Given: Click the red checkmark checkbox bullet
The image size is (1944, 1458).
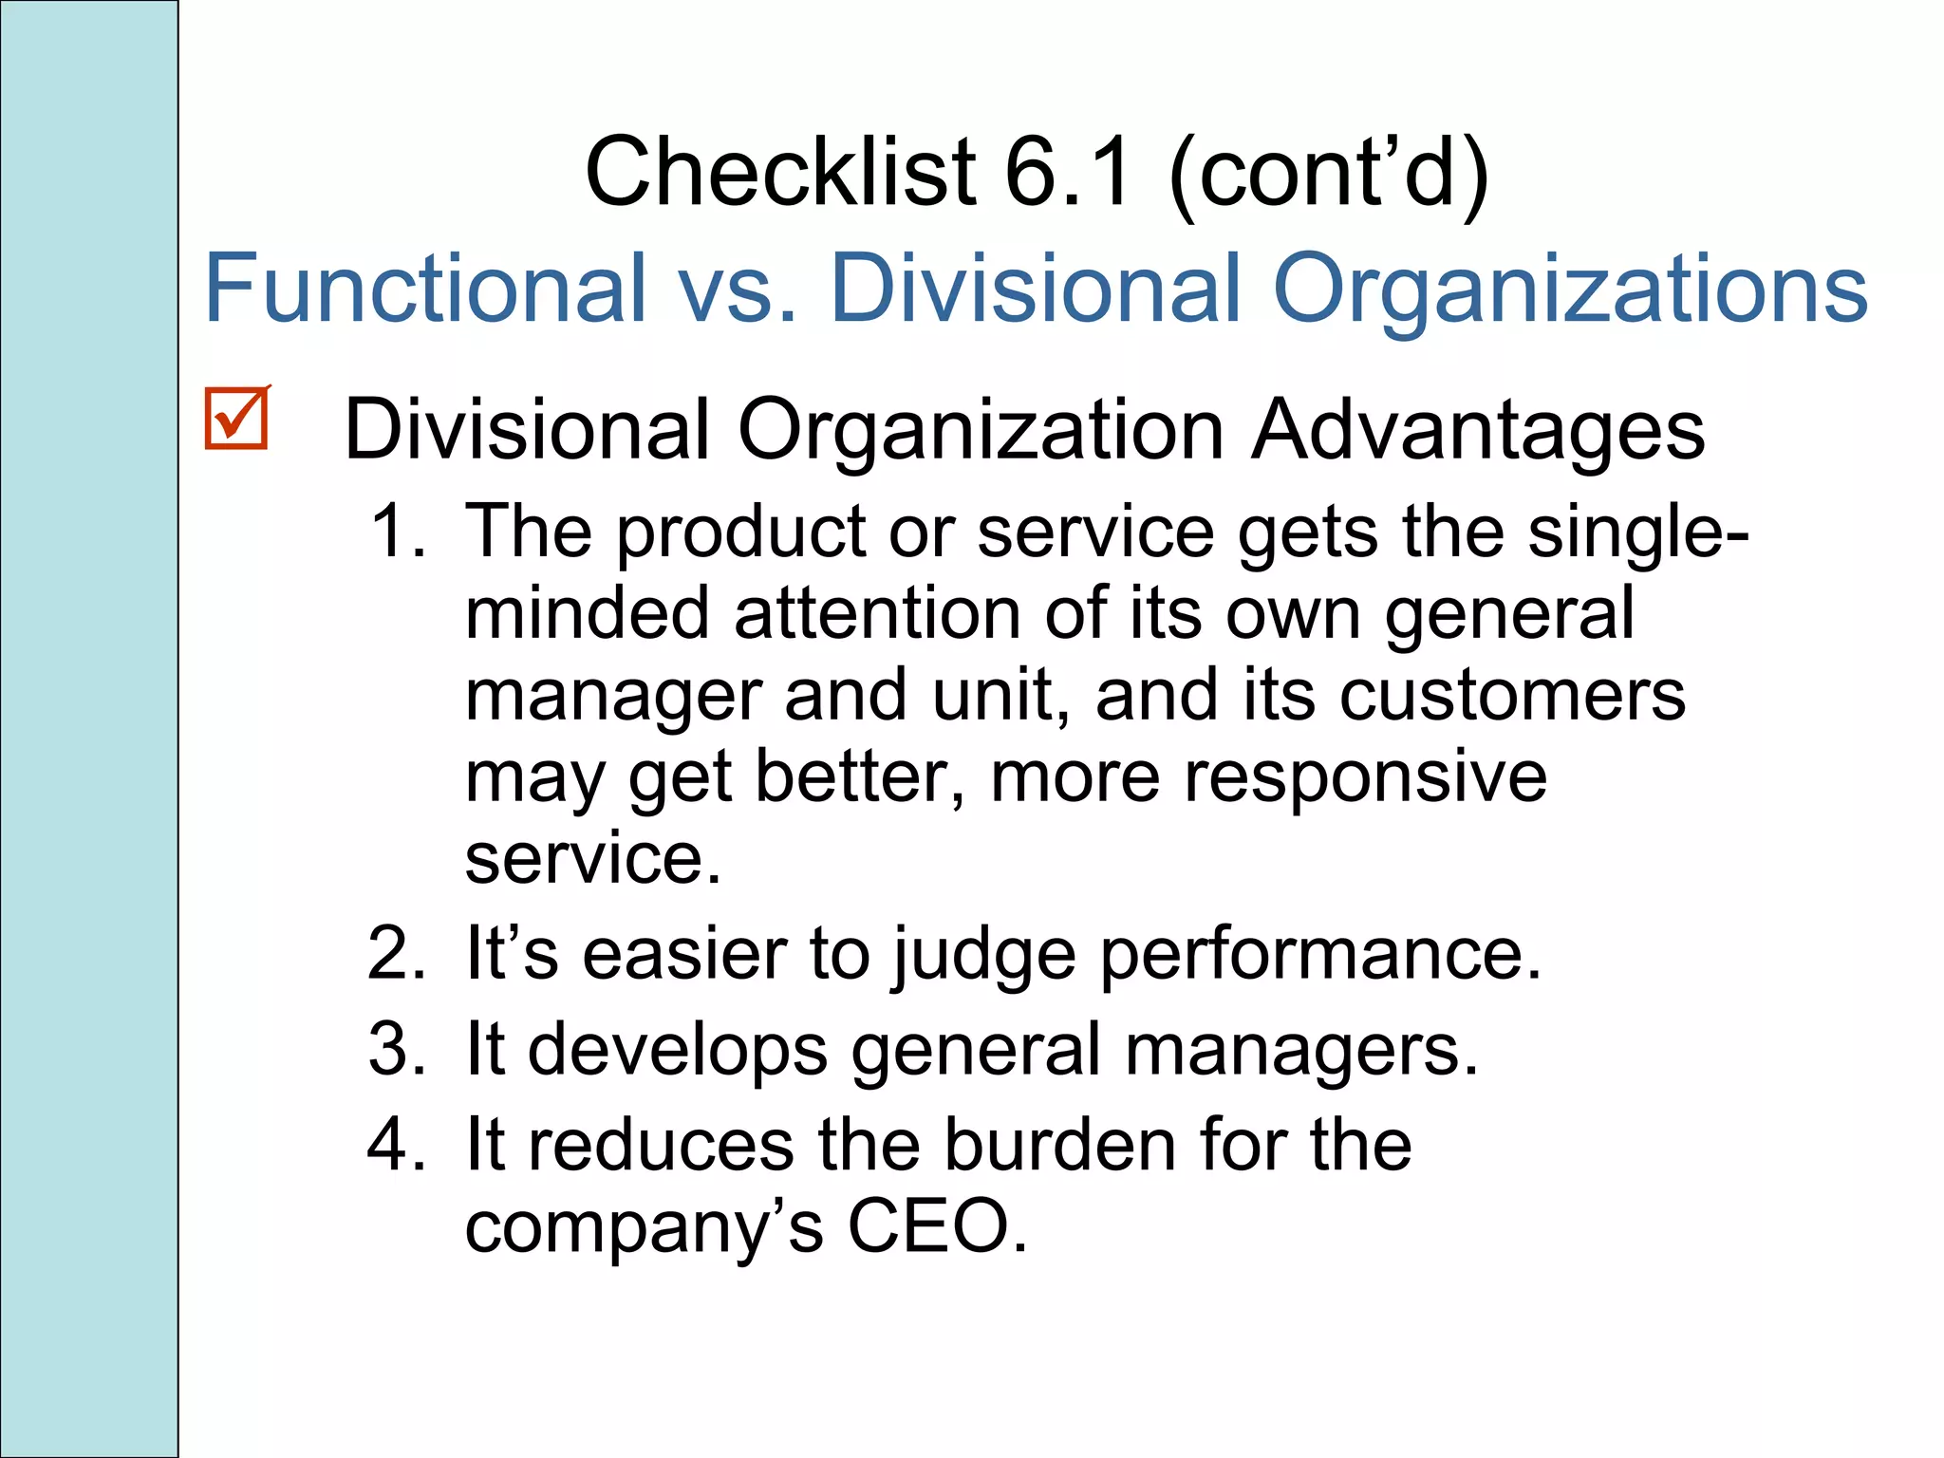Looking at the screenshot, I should [236, 419].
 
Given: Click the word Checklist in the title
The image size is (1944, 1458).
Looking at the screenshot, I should [780, 172].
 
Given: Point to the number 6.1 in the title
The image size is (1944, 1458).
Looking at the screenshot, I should [1068, 172].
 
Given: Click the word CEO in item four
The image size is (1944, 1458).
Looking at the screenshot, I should [936, 1227].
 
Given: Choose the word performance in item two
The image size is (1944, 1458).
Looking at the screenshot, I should [1320, 956].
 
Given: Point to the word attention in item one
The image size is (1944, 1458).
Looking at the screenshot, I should [877, 614].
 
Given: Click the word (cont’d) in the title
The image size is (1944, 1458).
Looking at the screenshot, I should [1329, 174].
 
